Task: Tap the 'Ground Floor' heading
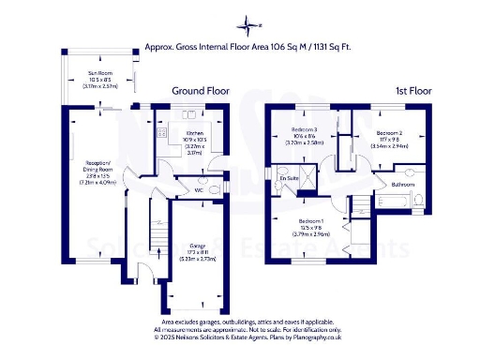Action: tap(200, 91)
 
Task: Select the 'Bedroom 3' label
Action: tap(304, 129)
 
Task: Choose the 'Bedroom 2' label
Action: tap(389, 134)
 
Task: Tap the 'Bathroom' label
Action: tap(402, 185)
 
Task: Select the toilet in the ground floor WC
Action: tap(217, 190)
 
